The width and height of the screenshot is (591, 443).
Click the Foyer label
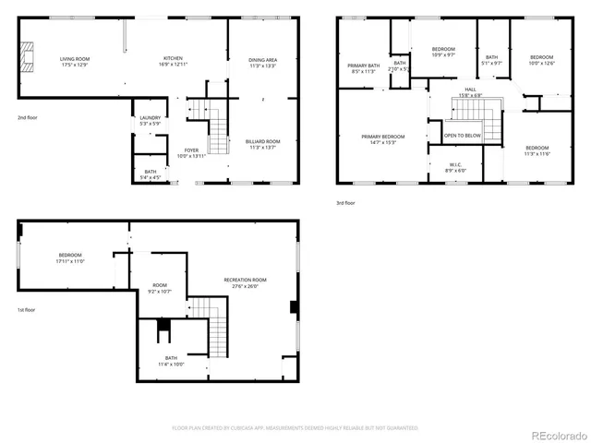point(191,153)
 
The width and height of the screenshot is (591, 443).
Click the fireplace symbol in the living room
point(30,56)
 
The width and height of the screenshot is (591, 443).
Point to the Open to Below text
point(462,136)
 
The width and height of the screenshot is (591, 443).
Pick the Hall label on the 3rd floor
point(470,92)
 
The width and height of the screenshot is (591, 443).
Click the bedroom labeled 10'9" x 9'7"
point(444,52)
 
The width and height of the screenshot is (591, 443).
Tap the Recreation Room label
point(246,282)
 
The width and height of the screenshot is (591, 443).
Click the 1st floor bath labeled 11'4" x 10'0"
point(172,361)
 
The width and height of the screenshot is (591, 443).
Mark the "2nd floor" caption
point(28,117)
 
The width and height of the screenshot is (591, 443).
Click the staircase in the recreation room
point(214,328)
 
